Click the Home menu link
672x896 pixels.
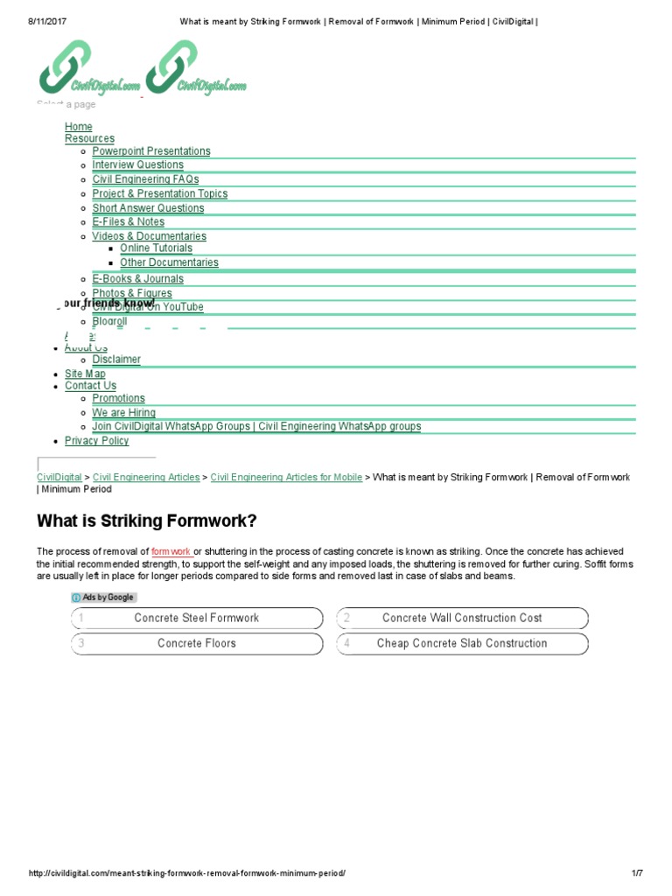coord(78,127)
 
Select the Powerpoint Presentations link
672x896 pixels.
coord(151,151)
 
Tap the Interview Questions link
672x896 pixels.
coord(138,164)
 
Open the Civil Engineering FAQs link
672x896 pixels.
coord(145,179)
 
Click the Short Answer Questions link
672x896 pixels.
coord(148,208)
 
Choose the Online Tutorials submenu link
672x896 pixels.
coord(156,248)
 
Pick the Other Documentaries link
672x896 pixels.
coord(169,262)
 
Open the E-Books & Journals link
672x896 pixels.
coord(138,279)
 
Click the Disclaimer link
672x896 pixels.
coord(116,360)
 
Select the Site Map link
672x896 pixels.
coord(85,374)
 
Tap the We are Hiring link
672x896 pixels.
coord(124,413)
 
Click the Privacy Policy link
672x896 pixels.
coord(96,441)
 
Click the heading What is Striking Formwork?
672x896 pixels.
coord(147,521)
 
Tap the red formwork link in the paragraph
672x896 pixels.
coord(171,552)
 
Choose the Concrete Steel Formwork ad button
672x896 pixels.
coord(197,618)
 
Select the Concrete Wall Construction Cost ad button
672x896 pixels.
coord(462,618)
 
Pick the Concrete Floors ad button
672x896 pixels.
coord(197,643)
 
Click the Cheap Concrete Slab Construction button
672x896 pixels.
coord(462,643)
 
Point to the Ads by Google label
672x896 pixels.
coord(104,598)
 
